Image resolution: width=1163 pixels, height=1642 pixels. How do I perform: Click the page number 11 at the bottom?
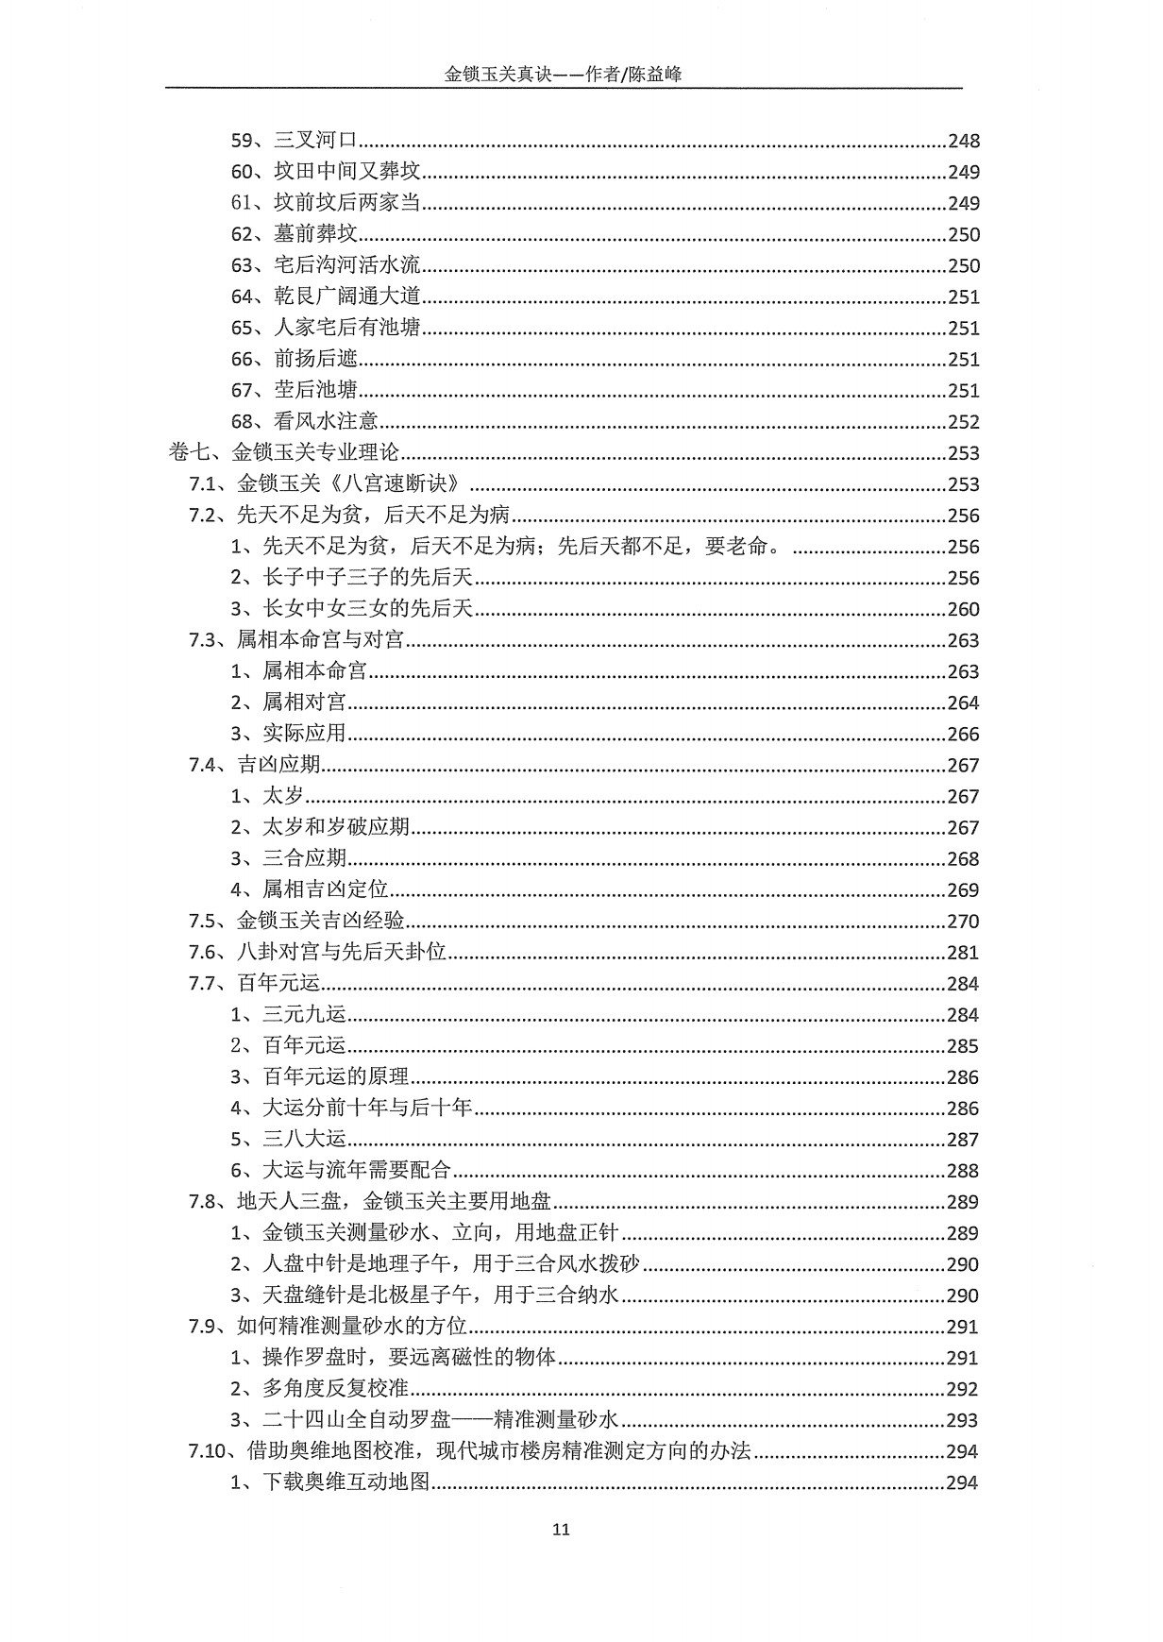click(561, 1530)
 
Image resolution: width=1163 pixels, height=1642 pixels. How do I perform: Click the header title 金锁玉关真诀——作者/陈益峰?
click(563, 75)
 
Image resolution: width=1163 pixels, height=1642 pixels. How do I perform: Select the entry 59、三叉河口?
click(294, 141)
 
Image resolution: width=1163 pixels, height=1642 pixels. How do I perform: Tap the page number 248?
click(964, 141)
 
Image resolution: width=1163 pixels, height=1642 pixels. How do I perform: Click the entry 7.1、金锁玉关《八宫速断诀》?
click(329, 484)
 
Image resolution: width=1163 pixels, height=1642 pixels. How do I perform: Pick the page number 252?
click(964, 422)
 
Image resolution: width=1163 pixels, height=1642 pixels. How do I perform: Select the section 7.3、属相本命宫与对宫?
click(296, 640)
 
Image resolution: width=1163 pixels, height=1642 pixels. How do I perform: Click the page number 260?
click(964, 609)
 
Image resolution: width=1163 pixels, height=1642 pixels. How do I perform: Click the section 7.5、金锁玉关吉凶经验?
click(296, 921)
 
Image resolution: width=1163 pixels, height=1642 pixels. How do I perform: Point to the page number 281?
click(964, 952)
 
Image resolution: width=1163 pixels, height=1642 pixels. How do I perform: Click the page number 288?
click(964, 1171)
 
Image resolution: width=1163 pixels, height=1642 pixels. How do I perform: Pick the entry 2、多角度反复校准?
click(320, 1389)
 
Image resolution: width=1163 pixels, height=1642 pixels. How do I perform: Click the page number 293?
click(964, 1420)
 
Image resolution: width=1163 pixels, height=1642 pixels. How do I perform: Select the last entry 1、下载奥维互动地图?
click(330, 1482)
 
